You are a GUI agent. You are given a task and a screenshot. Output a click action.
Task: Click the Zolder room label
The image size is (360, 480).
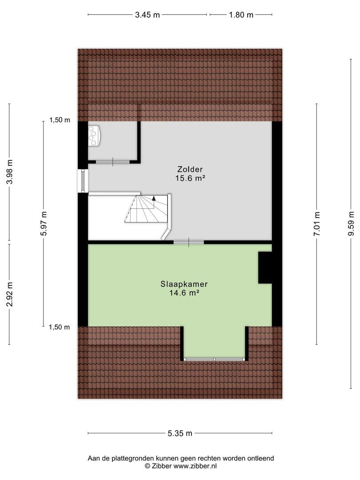(190, 169)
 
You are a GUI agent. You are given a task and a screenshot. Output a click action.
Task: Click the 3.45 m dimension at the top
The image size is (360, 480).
(147, 15)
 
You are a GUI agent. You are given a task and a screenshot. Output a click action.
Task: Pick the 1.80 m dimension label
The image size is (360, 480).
(241, 15)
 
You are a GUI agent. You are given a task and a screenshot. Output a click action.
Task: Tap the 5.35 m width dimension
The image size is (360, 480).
(180, 433)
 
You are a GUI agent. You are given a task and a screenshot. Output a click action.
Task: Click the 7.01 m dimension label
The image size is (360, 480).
(316, 224)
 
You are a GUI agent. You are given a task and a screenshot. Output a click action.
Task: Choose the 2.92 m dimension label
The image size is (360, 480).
(10, 294)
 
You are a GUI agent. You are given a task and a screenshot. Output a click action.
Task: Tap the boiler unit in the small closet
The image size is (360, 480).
(94, 135)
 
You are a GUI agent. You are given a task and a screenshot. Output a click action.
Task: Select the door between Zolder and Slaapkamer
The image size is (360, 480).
(188, 242)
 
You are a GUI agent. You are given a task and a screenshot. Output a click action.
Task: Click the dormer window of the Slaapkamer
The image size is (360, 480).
(214, 359)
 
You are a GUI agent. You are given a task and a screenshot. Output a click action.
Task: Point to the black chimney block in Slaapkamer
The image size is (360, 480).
(265, 267)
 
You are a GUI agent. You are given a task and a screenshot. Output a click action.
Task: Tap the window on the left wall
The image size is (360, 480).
(83, 180)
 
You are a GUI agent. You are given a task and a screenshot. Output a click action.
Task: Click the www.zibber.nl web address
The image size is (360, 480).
(195, 466)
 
